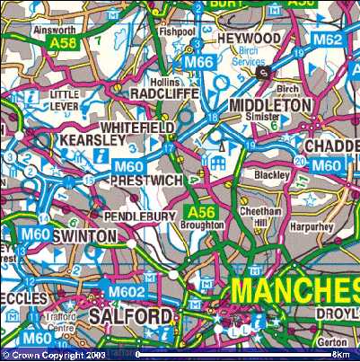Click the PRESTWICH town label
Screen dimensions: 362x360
(145, 180)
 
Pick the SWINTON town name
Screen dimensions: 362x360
(84, 235)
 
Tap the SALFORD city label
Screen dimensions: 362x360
(129, 317)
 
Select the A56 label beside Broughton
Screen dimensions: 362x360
(198, 212)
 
